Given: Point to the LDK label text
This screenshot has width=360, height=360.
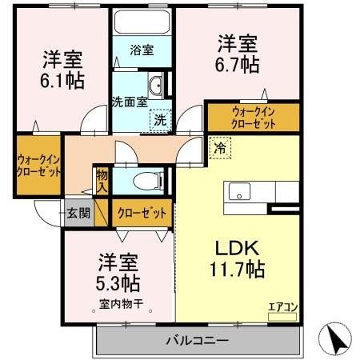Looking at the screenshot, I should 234,249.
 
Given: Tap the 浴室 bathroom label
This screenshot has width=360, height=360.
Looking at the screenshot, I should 143,50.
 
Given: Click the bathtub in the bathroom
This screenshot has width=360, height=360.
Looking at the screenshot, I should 142,22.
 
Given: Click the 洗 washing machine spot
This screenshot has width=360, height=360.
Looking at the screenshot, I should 160,119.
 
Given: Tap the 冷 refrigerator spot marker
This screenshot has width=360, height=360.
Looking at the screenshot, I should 218,146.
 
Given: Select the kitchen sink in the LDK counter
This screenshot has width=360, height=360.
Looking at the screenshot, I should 240,192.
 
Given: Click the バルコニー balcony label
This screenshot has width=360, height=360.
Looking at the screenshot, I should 197,340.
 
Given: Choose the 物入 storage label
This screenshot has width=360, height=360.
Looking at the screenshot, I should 102,180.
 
